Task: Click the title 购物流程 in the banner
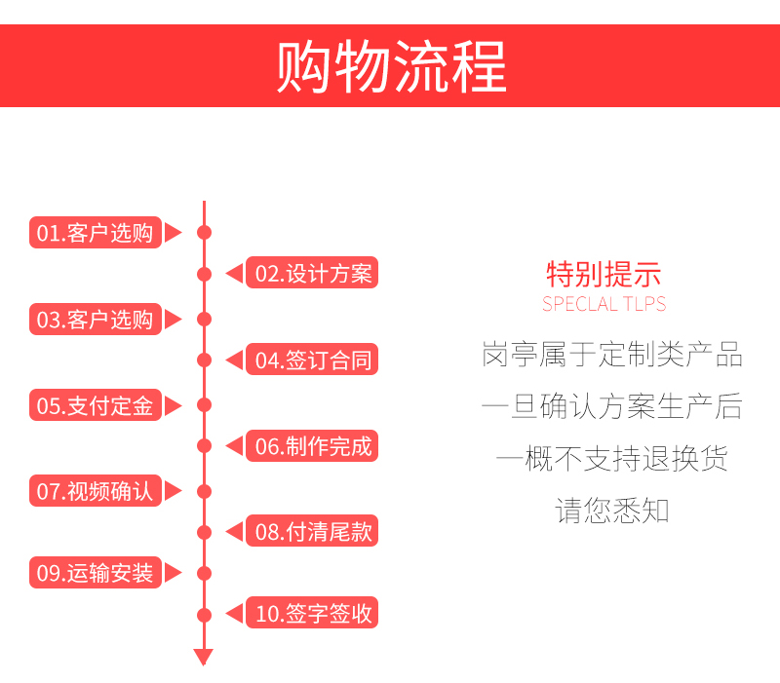392,66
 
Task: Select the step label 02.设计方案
312,273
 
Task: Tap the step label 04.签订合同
312,360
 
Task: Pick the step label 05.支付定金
96,405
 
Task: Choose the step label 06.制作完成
312,446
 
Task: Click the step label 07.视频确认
96,491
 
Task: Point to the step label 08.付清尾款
312,531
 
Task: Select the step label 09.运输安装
96,573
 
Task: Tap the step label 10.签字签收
312,613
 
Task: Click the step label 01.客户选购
96,232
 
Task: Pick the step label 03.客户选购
96,320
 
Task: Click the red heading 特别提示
604,275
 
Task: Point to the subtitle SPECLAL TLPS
604,304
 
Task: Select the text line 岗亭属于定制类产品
612,354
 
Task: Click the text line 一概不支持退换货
612,458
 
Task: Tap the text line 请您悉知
612,510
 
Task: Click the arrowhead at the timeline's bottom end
204,657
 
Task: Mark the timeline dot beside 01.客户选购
205,232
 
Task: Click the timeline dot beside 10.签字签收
205,615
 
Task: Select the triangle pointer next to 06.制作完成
234,446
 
